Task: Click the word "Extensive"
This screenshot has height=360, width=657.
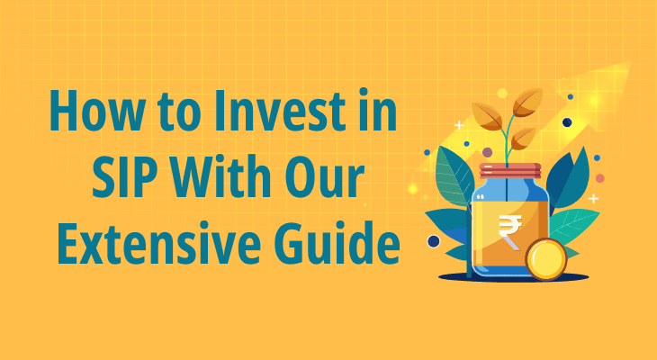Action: coord(157,243)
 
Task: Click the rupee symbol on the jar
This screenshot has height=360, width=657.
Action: coord(510,229)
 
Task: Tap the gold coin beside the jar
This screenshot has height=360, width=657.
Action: coord(545,259)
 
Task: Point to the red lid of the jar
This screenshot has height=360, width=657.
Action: coord(510,171)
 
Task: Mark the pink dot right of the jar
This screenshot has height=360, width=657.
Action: coord(599,178)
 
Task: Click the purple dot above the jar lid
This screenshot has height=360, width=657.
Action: coord(487,152)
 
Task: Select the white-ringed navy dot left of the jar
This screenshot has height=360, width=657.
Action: coord(433,241)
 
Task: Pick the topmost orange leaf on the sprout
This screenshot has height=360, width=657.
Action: coord(527,102)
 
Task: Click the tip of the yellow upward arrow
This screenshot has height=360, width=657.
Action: coord(630,62)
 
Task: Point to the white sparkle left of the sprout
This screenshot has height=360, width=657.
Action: coord(460,125)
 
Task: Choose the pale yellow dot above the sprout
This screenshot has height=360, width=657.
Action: coord(502,93)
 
